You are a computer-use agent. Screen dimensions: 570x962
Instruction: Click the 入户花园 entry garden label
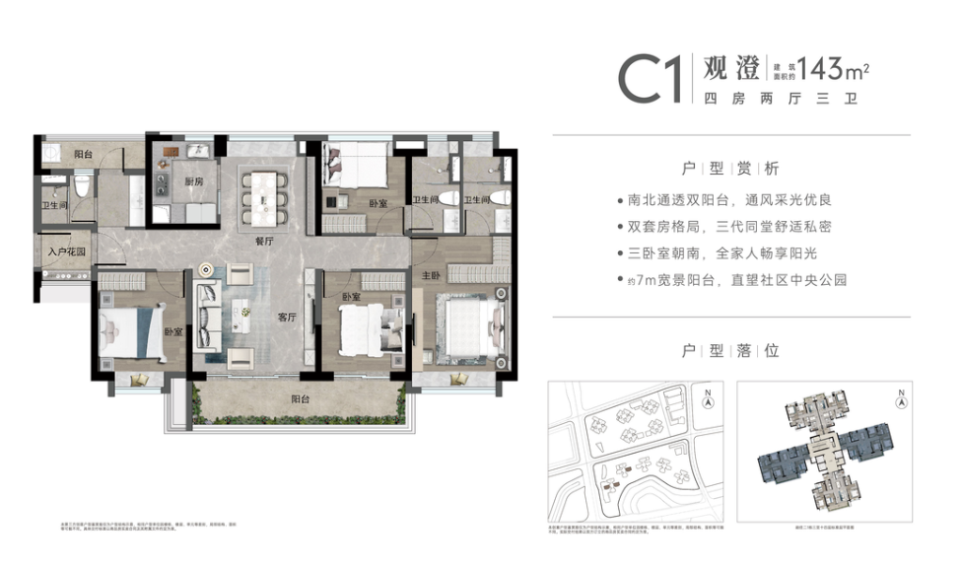pyautogui.click(x=66, y=251)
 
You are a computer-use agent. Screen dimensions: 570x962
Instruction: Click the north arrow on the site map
pyautogui.click(x=707, y=399)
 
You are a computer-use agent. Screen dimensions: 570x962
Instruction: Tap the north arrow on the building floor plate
pyautogui.click(x=900, y=399)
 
